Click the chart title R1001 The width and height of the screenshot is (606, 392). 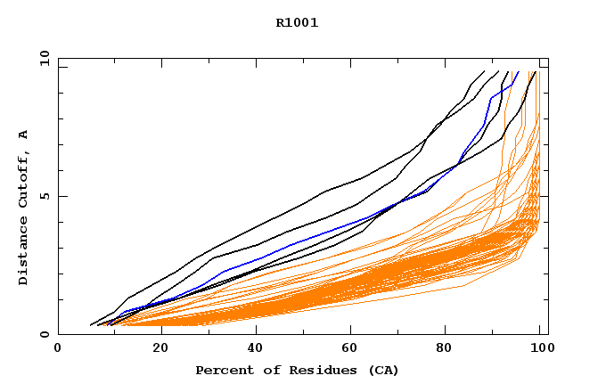point(297,23)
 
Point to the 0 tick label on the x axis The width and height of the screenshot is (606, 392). point(58,349)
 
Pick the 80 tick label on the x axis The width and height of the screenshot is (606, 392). point(453,349)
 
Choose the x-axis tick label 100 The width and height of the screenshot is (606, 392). point(542,349)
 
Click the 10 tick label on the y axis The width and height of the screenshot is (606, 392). point(43,59)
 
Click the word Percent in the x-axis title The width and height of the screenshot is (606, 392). point(222,370)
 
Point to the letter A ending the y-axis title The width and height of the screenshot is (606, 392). point(23,135)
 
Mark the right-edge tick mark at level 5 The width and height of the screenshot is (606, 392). point(544,196)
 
